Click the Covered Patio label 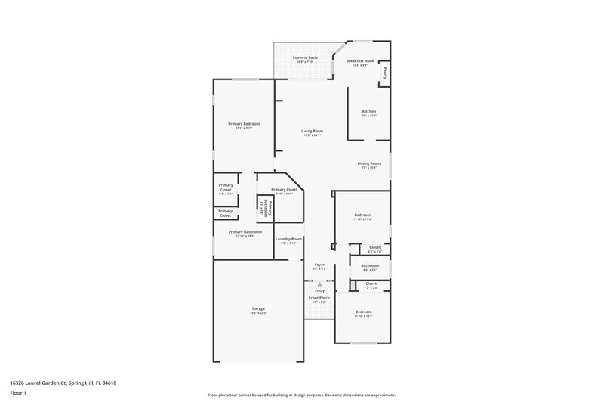[304, 57]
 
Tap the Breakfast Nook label [359, 60]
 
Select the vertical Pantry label [384, 73]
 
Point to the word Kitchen [368, 111]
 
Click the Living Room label [313, 131]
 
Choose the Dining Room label [368, 163]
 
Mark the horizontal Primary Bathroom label [245, 232]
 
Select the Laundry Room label [288, 239]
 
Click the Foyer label [319, 265]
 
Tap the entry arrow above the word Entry [319, 284]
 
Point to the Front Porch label [319, 298]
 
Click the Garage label [258, 308]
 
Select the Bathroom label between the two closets [370, 265]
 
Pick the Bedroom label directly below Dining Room [363, 215]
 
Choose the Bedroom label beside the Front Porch [364, 312]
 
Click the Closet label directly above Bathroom [374, 247]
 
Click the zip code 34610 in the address [108, 383]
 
